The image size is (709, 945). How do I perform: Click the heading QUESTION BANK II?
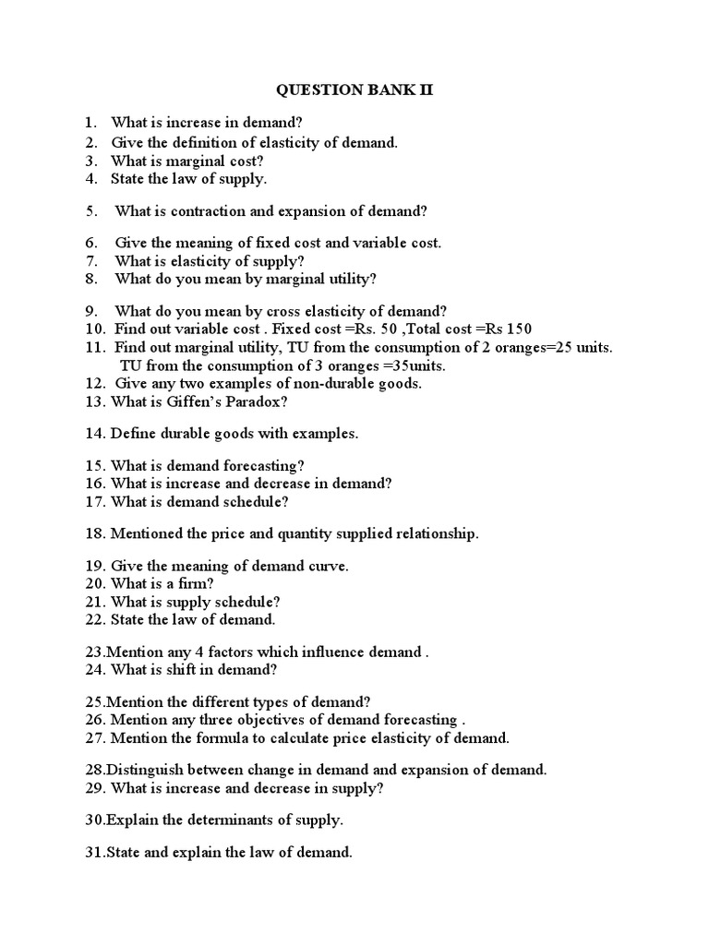[x=355, y=90]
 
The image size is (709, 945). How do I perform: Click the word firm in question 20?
[x=196, y=583]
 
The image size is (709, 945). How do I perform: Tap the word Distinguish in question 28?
[x=147, y=769]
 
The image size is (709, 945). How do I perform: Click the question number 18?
[x=95, y=533]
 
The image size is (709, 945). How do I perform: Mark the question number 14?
[x=95, y=432]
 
